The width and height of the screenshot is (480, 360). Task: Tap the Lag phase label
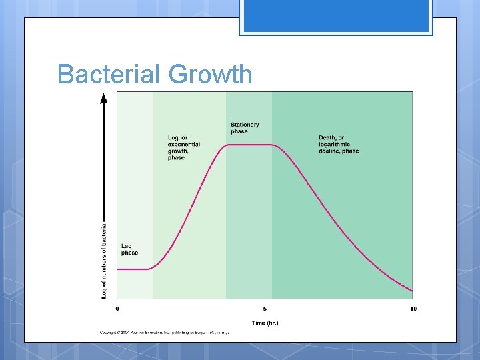tap(129, 249)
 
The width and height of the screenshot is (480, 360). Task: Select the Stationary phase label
tap(245, 127)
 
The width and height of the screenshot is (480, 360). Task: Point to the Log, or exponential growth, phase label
tap(183, 148)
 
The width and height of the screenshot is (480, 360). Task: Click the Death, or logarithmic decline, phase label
tap(338, 145)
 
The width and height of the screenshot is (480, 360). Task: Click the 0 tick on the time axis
tap(118, 309)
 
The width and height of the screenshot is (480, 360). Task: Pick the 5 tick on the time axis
tap(265, 309)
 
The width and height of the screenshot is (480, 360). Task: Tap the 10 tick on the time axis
tap(413, 309)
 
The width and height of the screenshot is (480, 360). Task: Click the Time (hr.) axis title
tap(265, 323)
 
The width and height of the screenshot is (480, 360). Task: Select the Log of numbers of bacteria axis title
tap(104, 260)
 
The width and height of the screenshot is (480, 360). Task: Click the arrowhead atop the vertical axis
tap(103, 99)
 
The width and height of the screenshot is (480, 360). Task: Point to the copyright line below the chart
tap(164, 332)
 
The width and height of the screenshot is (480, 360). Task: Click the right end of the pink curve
tap(411, 291)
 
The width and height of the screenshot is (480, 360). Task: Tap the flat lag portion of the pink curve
tap(133, 269)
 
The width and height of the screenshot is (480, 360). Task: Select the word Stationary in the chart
tap(245, 124)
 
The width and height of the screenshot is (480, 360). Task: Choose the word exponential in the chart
tap(184, 145)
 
